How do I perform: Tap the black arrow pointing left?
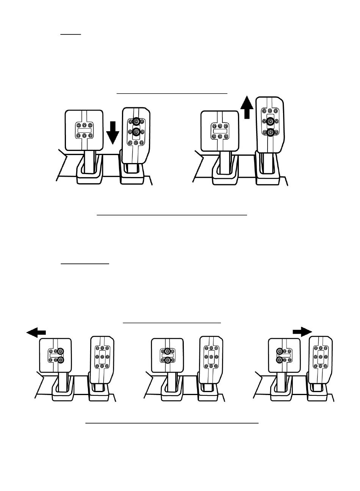point(36,332)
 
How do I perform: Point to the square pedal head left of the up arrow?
point(219,130)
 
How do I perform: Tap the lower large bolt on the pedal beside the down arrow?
point(136,132)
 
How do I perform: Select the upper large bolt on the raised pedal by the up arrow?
point(270,121)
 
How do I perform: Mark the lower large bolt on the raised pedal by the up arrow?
point(270,132)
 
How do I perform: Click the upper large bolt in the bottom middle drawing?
point(167,351)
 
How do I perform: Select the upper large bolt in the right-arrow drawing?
point(280,351)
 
